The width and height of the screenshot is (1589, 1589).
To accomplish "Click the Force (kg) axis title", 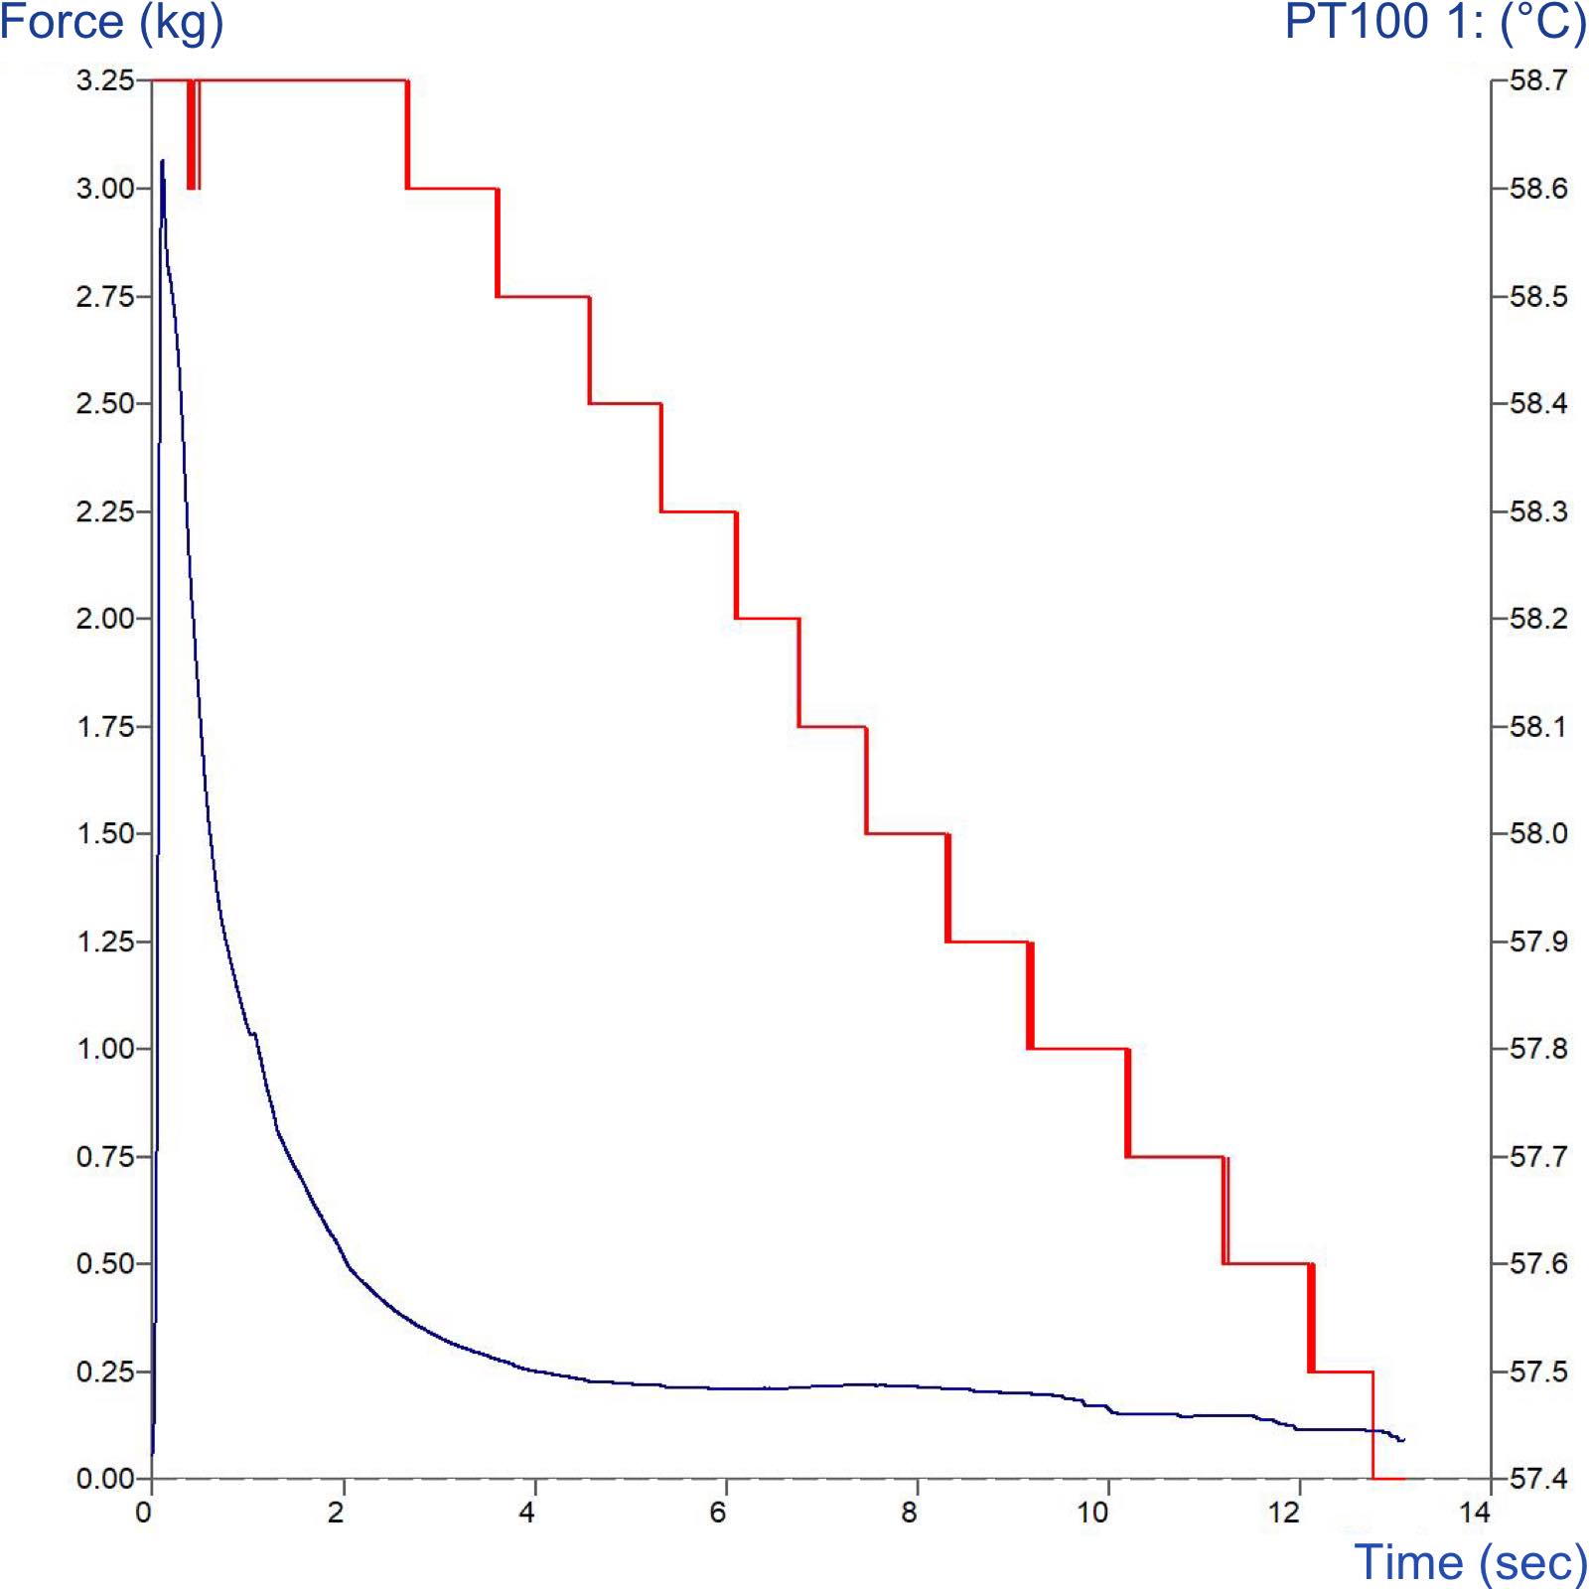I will coord(111,22).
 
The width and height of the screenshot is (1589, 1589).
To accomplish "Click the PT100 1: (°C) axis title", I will coord(1435,22).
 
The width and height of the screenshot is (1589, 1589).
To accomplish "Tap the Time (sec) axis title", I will coord(1470,1562).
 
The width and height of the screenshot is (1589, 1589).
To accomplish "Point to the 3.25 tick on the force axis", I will coord(104,80).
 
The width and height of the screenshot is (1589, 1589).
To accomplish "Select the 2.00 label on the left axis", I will coord(104,619).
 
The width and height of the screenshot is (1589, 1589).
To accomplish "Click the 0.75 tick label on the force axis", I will coord(104,1157).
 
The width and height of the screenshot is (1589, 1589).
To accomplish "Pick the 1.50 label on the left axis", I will coord(104,834).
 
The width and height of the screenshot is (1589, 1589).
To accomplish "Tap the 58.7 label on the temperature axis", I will coord(1538,80).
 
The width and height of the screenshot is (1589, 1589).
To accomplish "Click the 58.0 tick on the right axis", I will coord(1538,834).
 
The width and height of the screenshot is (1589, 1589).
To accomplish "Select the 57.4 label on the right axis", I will coord(1538,1480).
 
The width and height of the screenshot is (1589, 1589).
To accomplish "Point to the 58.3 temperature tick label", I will coord(1538,512).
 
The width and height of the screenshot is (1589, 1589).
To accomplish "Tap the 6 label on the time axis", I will coord(718,1513).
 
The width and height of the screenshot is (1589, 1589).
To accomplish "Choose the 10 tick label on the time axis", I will coord(1092,1513).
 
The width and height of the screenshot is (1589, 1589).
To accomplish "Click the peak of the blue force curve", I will coord(162,162).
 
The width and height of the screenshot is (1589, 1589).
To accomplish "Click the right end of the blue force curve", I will coord(1403,1439).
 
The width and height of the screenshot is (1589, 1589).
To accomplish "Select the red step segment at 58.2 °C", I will coord(768,619).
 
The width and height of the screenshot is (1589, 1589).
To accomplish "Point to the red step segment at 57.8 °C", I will coord(1079,1049).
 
